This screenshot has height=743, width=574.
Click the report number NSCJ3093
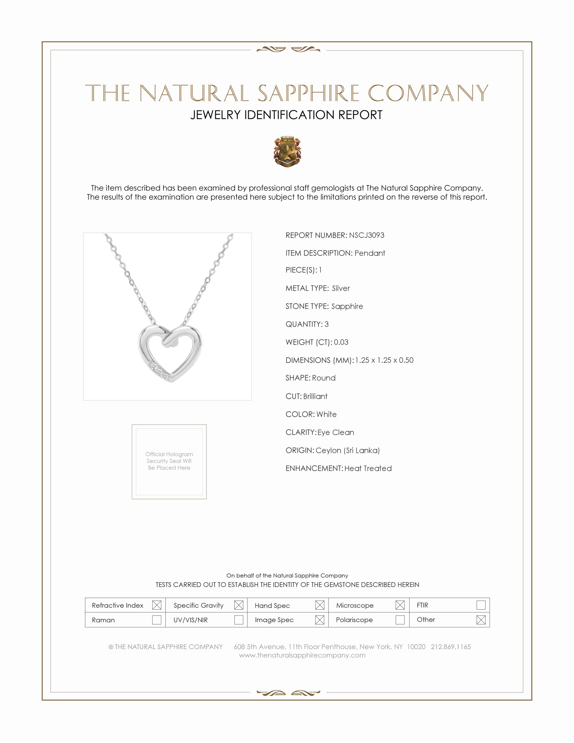tap(366, 235)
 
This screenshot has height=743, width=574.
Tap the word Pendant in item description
tap(370, 253)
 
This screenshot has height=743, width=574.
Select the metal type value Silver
tap(341, 288)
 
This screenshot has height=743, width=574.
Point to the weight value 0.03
tap(341, 342)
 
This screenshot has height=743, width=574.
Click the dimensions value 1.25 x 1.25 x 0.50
tap(384, 360)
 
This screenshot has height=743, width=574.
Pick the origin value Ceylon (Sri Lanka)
tap(347, 451)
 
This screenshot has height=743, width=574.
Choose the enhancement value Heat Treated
tap(368, 468)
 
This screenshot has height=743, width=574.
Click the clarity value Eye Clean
tap(336, 432)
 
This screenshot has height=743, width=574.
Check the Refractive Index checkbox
tap(157, 605)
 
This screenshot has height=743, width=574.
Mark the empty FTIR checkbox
tap(481, 605)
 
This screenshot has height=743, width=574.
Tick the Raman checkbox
tap(157, 620)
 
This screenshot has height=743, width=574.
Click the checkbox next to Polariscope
tap(400, 620)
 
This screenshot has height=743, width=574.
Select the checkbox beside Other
tap(481, 620)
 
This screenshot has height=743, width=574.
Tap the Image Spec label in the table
tap(274, 620)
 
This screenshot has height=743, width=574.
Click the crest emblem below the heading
tap(287, 151)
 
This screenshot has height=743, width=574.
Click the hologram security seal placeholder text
tap(169, 461)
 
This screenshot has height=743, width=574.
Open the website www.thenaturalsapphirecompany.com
tap(302, 656)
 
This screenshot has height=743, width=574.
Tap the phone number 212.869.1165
tap(450, 647)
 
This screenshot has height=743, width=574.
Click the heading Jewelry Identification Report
tap(286, 115)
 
